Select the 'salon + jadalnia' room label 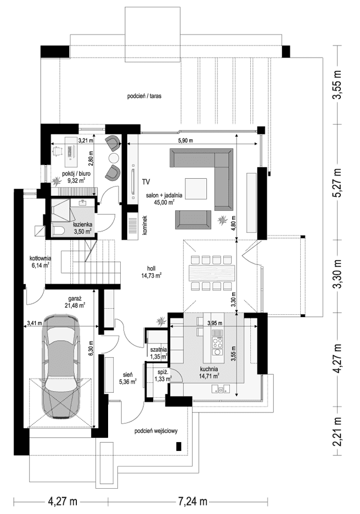click(x=164, y=195)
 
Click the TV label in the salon click(x=146, y=181)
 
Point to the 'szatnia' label click(x=159, y=349)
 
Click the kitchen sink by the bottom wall click(x=223, y=390)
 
